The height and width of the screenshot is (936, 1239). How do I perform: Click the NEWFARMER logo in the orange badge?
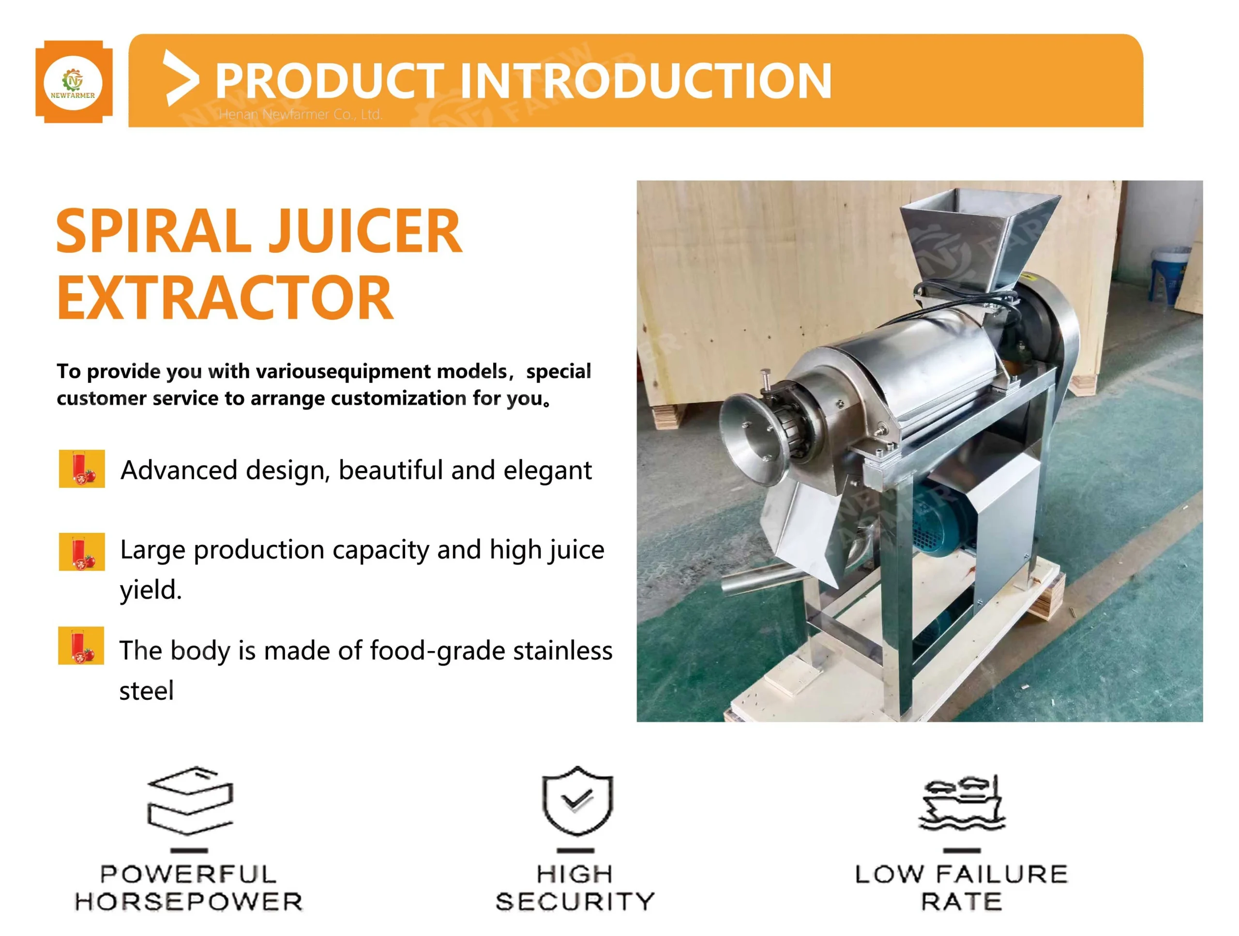74,82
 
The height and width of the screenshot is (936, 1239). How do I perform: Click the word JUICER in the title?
366,231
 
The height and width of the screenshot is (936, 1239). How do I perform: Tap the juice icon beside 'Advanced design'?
82,468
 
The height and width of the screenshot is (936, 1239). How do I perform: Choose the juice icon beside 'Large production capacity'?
82,551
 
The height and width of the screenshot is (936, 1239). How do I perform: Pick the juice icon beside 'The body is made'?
81,645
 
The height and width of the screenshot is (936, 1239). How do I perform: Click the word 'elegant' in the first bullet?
547,470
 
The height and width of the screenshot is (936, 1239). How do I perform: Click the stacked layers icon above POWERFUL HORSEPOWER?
190,800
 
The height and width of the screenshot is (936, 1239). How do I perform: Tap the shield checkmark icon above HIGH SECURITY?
577,801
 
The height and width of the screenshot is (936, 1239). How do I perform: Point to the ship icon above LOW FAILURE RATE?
962,803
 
